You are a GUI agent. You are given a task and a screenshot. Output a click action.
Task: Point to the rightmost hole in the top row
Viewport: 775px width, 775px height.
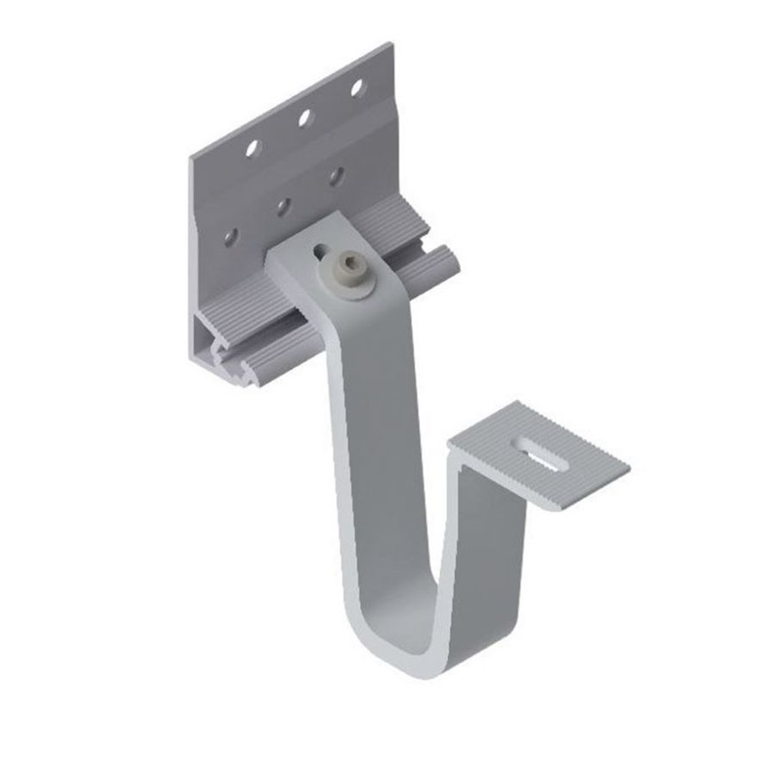[356, 87]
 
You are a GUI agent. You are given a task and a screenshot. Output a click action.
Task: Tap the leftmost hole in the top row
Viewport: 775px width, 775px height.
[251, 148]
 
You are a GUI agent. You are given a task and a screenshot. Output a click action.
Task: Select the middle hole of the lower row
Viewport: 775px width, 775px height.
[283, 206]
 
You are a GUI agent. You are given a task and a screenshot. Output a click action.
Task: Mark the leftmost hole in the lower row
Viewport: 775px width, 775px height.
[230, 235]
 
